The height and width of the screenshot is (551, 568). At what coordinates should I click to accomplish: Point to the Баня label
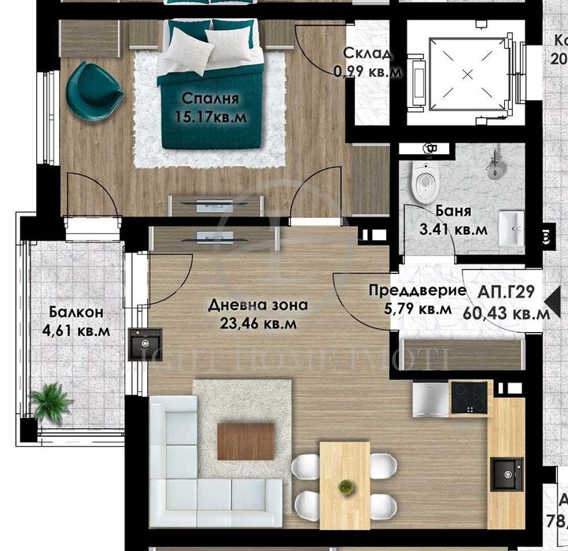click(452, 211)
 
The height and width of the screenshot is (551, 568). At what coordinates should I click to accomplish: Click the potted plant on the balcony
click(52, 401)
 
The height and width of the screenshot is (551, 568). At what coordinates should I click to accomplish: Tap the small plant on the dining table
click(344, 487)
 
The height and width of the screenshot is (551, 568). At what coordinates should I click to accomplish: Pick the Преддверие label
click(410, 290)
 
